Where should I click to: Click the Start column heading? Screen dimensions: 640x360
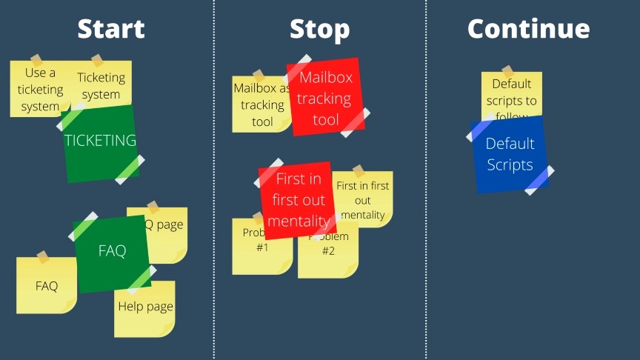111,29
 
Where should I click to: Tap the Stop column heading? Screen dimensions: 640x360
319,29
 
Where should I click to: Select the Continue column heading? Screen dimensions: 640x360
528,29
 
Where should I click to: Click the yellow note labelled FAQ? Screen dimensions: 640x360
46,286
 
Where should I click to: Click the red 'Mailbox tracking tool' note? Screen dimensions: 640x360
325,98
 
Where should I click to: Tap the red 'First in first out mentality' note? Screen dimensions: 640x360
297,200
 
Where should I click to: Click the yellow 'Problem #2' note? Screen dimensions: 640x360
328,256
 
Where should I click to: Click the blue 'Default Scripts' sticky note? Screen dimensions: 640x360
510,154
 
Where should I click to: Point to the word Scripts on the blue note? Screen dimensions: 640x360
510,164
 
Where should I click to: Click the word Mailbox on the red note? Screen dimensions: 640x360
326,78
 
